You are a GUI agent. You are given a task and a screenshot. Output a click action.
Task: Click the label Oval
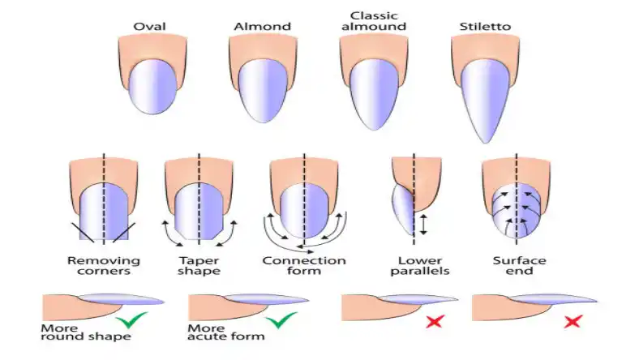[149, 27]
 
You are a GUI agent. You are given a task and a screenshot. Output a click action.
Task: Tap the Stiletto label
[485, 27]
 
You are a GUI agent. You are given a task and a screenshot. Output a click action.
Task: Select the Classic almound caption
[374, 21]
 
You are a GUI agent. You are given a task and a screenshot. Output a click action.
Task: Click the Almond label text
[263, 27]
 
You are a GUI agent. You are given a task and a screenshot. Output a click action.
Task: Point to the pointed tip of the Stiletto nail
[486, 143]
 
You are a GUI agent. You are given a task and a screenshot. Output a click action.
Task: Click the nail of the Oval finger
[152, 88]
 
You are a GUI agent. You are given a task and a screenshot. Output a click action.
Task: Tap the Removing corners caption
[104, 265]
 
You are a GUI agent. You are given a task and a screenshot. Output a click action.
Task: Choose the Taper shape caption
[199, 265]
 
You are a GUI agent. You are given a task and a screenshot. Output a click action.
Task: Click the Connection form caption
[304, 265]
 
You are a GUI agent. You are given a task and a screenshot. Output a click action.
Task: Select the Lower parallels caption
[420, 265]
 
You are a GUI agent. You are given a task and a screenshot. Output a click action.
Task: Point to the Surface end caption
[519, 265]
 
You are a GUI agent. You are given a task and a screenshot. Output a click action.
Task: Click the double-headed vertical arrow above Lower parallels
[423, 225]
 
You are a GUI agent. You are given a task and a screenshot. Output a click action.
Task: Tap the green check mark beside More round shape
[131, 320]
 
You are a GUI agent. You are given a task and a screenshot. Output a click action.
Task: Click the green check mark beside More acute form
[281, 320]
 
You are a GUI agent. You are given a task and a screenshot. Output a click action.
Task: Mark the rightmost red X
[573, 322]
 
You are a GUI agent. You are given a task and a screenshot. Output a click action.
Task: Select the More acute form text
[225, 332]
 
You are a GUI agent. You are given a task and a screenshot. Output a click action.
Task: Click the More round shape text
[86, 332]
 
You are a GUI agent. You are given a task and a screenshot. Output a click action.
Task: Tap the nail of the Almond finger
[264, 92]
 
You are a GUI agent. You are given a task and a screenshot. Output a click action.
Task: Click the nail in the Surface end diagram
[517, 211]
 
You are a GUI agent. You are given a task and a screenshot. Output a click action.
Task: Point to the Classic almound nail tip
[374, 130]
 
